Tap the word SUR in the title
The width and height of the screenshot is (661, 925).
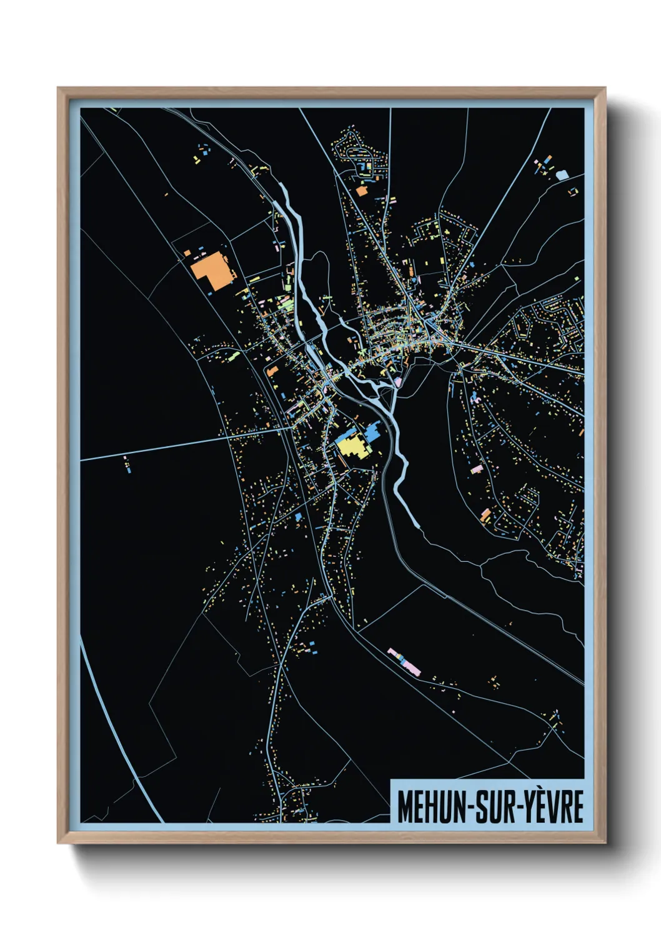(495, 807)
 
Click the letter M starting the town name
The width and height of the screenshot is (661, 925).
(405, 807)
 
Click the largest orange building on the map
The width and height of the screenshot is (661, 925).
(211, 270)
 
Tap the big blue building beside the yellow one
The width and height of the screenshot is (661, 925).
(372, 431)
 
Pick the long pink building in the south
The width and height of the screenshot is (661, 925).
(404, 662)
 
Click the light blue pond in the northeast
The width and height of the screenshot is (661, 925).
(562, 175)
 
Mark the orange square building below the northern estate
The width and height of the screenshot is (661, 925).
(361, 191)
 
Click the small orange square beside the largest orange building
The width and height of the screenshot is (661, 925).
(187, 253)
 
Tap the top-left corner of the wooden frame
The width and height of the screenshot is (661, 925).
(59, 89)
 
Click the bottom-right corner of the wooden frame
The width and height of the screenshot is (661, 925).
(605, 842)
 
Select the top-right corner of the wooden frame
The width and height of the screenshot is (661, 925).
(605, 89)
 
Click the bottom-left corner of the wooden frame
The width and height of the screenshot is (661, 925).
(59, 842)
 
